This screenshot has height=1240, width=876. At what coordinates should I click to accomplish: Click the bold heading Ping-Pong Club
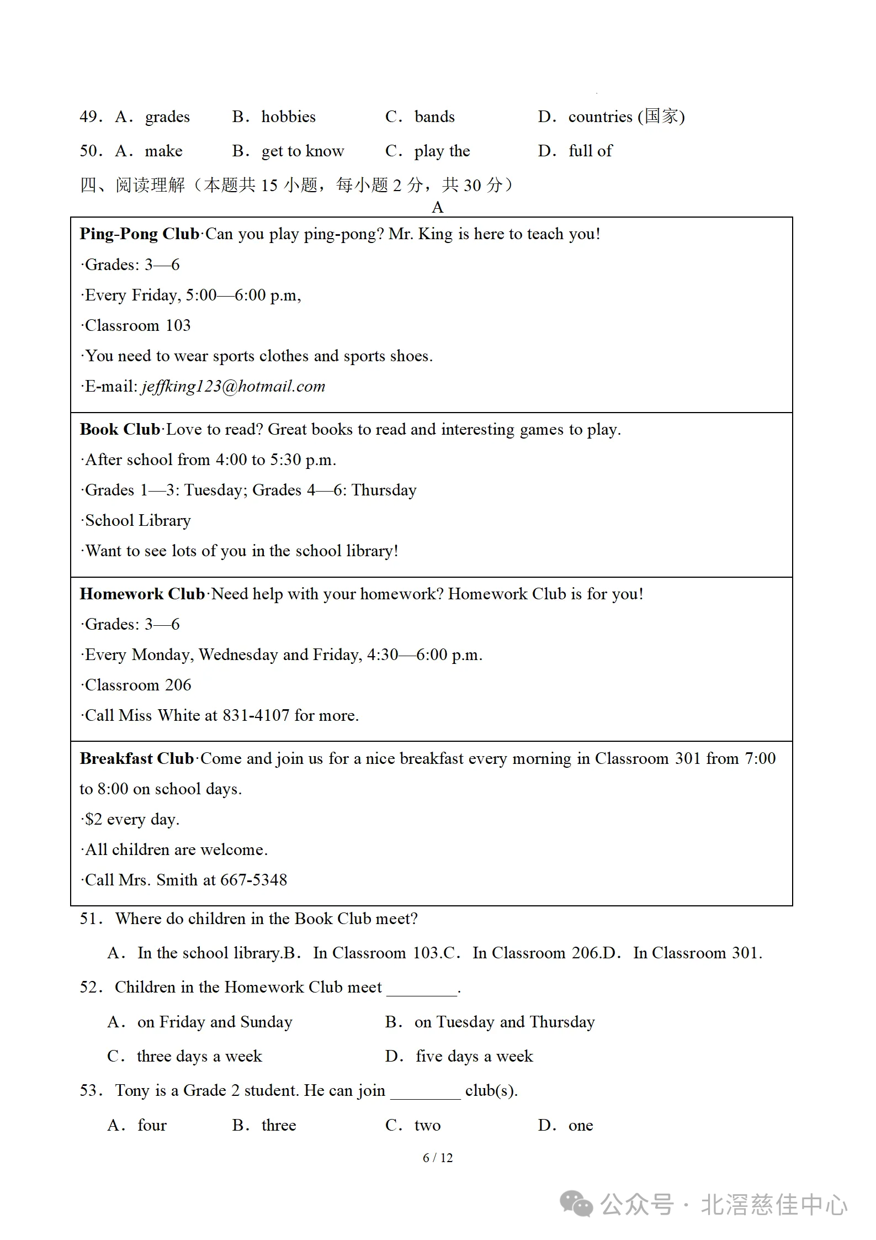(x=139, y=234)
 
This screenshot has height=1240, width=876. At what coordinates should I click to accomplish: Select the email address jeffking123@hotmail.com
(x=233, y=386)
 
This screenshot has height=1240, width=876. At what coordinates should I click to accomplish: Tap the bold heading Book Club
(x=120, y=429)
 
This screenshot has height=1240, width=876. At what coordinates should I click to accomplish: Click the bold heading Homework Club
(x=142, y=594)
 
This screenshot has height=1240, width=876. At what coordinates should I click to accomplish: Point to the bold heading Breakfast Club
(x=137, y=758)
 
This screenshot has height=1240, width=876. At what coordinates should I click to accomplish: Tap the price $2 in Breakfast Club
(x=94, y=819)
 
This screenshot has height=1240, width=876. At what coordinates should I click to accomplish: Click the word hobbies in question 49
(x=288, y=117)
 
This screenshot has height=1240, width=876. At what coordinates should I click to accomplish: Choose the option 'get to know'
(x=302, y=151)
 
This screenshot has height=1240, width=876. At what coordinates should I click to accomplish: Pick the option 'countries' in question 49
(x=600, y=117)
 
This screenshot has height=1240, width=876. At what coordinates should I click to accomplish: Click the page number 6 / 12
(x=438, y=1158)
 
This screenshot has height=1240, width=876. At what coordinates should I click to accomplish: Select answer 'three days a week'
(x=199, y=1056)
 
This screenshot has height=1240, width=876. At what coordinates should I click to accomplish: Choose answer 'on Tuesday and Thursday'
(x=505, y=1022)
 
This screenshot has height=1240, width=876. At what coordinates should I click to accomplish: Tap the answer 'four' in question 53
(x=152, y=1125)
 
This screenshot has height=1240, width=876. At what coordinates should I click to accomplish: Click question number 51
(x=91, y=919)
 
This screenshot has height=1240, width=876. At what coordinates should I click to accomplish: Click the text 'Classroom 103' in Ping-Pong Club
(x=138, y=325)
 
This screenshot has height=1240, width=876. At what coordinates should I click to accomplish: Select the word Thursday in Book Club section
(x=384, y=490)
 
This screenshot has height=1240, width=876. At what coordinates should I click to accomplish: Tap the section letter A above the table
(x=438, y=208)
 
